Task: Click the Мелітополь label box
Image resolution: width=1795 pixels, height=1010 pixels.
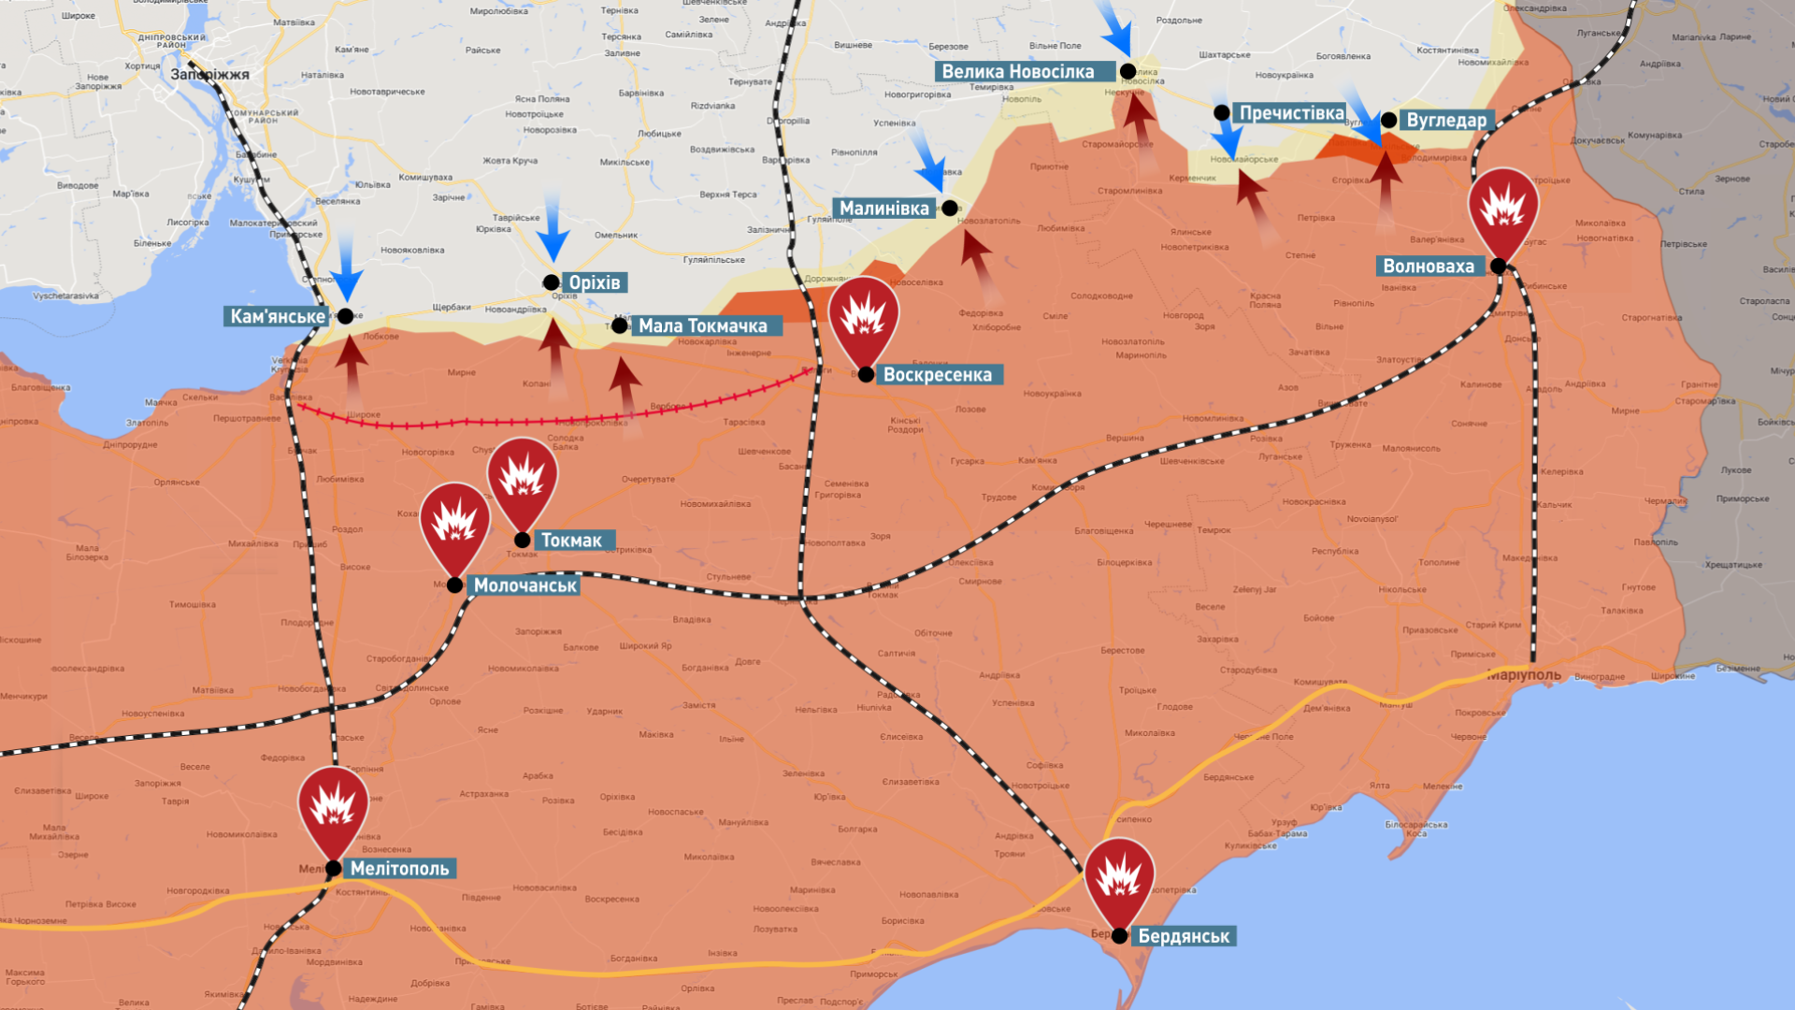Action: (x=399, y=869)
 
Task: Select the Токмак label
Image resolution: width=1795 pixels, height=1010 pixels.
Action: (x=571, y=541)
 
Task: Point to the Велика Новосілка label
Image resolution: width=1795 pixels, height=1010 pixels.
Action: (x=1017, y=72)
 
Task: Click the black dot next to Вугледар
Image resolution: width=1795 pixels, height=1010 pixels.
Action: (x=1389, y=121)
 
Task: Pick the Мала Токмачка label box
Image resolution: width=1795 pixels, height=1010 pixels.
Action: (x=702, y=326)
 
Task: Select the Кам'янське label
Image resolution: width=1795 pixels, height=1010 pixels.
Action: (x=277, y=317)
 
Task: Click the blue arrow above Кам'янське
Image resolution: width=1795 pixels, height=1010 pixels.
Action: (x=346, y=266)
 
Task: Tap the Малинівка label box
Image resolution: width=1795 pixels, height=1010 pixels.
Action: (x=883, y=209)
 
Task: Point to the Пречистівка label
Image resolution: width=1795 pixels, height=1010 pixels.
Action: (x=1291, y=113)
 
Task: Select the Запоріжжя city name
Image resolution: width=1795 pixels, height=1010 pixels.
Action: (x=209, y=75)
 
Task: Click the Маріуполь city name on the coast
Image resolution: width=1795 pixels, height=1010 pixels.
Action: (x=1525, y=675)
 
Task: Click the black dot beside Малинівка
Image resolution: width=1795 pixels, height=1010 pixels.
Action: (x=950, y=209)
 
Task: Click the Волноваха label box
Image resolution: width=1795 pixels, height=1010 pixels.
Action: (x=1428, y=267)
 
